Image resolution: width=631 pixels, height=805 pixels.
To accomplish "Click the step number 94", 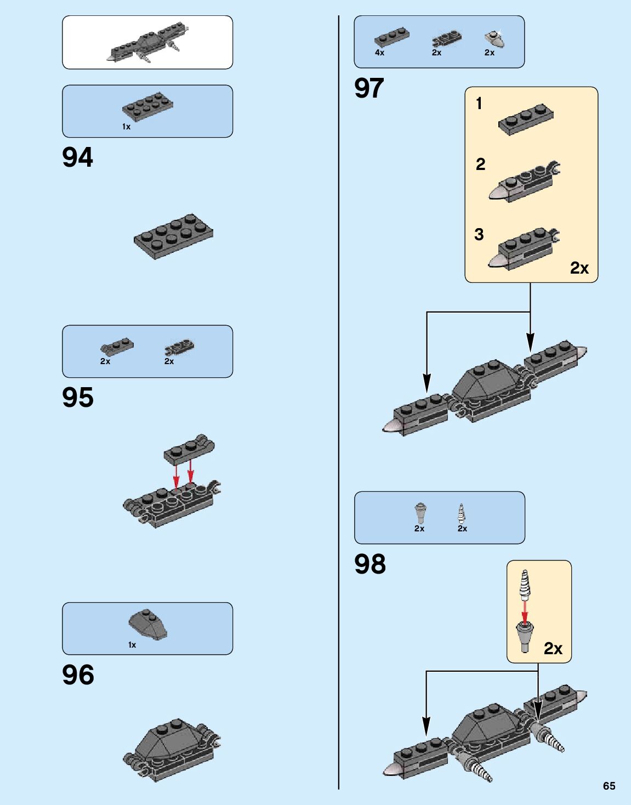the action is tap(78, 157).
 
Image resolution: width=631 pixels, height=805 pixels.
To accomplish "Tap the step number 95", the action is tap(78, 398).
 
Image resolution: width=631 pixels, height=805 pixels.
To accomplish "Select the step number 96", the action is tap(78, 675).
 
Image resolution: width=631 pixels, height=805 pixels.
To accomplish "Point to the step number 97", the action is tap(369, 88).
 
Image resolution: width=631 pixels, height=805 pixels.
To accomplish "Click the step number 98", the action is tap(370, 564).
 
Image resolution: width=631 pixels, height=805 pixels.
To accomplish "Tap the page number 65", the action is tap(609, 786).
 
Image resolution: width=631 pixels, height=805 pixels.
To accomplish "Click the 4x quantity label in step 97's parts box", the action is tap(379, 53).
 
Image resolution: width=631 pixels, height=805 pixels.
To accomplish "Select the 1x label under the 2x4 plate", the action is tap(126, 127).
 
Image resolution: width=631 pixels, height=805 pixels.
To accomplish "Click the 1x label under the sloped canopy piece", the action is tap(132, 645).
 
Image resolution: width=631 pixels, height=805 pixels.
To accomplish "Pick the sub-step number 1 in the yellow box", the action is tap(479, 103).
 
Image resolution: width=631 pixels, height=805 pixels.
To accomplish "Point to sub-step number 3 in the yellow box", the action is tap(479, 235).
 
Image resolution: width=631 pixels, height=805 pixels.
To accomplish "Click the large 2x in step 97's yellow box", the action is tap(579, 268).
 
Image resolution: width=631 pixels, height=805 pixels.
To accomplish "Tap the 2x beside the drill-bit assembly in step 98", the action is tap(553, 649).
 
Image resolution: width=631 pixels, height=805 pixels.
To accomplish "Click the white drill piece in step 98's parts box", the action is tap(461, 513).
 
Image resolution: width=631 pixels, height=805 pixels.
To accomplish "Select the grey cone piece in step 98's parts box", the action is tap(420, 513).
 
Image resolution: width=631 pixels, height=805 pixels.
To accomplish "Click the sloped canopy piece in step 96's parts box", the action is tap(148, 625).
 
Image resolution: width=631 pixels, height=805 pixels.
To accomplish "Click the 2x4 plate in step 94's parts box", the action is tap(147, 107).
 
